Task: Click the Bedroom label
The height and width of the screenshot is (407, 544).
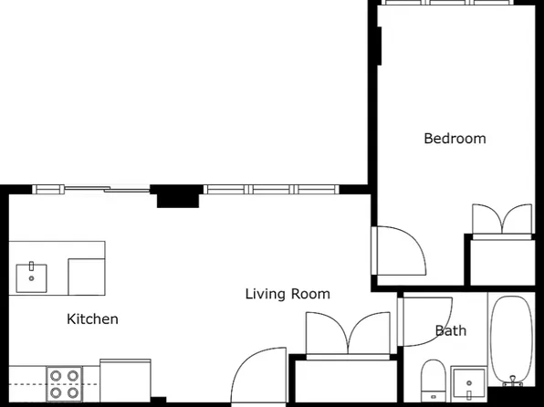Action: click(455, 139)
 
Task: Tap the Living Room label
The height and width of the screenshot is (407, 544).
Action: click(288, 294)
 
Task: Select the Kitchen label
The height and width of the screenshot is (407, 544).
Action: click(92, 319)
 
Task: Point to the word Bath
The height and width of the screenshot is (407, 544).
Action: click(451, 330)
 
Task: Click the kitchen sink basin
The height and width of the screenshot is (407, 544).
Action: click(32, 278)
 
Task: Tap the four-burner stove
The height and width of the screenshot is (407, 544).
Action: click(65, 384)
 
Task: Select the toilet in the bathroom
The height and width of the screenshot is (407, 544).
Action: click(433, 381)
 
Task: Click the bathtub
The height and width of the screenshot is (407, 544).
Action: click(511, 339)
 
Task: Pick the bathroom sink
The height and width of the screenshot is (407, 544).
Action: click(469, 384)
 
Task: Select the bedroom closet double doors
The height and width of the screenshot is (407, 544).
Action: click(502, 220)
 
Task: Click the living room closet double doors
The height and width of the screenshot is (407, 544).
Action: click(348, 334)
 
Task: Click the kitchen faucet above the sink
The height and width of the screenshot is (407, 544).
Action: click(32, 266)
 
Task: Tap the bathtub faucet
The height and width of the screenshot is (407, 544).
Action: click(513, 381)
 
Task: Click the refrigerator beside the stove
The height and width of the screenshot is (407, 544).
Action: click(125, 381)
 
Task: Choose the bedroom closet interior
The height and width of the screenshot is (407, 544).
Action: click(502, 262)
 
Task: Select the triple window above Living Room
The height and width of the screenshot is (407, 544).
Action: click(271, 190)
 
